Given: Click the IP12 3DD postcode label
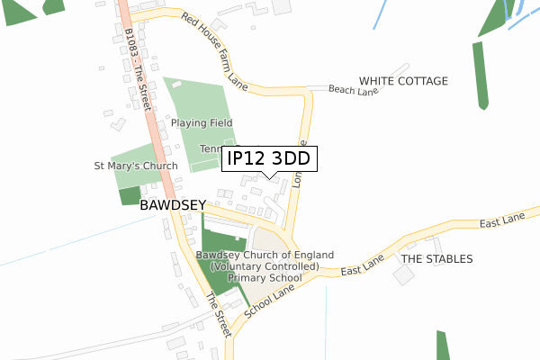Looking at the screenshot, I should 268,159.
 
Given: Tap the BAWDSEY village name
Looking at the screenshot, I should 174,205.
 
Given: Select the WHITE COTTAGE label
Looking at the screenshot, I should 403,81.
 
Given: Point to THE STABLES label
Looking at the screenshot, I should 436,259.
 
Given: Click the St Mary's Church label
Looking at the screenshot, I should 136,166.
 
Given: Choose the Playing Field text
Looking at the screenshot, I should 202,122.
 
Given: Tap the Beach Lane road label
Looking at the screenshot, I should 353,90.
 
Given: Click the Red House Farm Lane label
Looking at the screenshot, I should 213,51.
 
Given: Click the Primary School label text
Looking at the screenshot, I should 264,278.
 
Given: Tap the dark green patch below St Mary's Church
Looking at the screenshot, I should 130,195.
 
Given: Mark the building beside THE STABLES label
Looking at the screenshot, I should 404,275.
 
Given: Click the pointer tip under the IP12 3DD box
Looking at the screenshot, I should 268,177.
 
